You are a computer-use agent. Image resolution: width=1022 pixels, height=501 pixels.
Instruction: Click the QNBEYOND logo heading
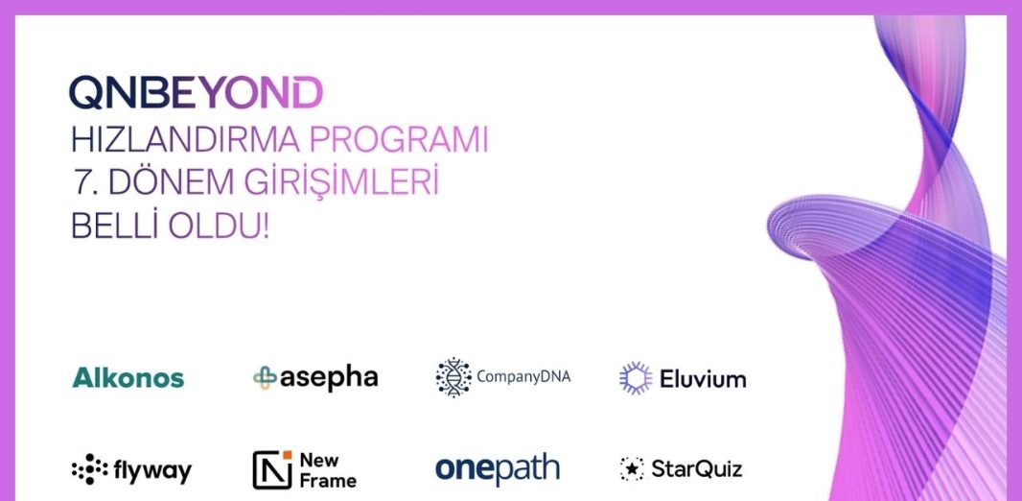[x=196, y=92]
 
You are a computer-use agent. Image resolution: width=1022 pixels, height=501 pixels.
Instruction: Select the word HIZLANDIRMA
[x=185, y=140]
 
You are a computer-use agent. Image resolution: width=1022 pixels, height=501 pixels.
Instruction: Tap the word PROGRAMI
[x=398, y=140]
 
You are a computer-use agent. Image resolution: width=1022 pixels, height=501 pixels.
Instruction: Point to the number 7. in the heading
[x=84, y=183]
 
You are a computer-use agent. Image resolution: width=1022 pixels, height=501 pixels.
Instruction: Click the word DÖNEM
[x=172, y=182]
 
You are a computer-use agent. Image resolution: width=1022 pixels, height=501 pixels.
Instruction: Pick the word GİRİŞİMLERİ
[x=341, y=182]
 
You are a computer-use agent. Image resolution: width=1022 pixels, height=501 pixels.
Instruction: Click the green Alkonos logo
[x=128, y=378]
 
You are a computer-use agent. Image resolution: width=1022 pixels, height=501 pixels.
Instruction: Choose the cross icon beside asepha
[x=265, y=378]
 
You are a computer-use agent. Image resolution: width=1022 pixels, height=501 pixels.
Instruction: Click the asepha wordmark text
[x=329, y=378]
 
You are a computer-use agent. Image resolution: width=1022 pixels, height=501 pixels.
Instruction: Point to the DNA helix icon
[x=453, y=377]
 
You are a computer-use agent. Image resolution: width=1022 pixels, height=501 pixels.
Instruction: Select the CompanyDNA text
[x=523, y=377]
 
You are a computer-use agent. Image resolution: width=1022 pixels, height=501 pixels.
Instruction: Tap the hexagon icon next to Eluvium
[x=636, y=378]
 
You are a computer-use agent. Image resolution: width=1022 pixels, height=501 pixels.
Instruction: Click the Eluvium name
[x=703, y=378]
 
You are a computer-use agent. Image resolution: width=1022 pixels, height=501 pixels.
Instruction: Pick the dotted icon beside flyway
[x=90, y=469]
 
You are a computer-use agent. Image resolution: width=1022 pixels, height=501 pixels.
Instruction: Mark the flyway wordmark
[x=152, y=471]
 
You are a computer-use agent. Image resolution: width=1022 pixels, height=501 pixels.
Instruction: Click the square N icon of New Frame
[x=271, y=469]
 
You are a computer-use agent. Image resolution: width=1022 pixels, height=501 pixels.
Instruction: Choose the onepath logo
[x=498, y=469]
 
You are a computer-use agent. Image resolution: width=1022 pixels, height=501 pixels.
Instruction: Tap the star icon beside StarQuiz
[x=632, y=468]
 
